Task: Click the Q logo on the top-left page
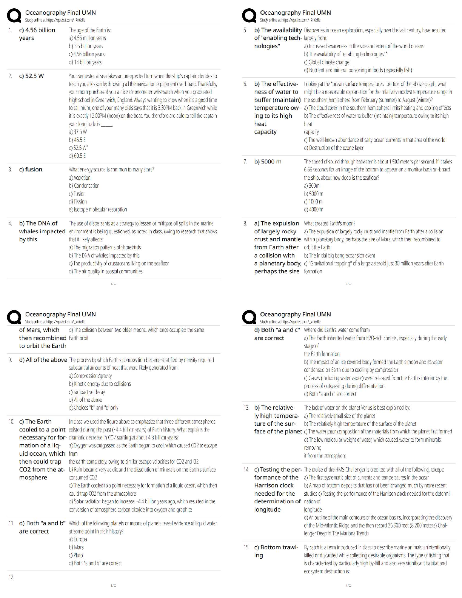pos(14,16)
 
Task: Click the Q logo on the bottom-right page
pos(249,318)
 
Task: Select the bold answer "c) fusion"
pos(31,170)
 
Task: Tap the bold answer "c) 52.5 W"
pos(32,76)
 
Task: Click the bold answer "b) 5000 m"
pos(268,162)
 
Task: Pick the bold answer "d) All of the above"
pos(43,360)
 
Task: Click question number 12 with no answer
pos(12,577)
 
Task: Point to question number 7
pos(246,162)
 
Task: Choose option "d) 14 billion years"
pos(85,62)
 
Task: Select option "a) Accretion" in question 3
pos(80,177)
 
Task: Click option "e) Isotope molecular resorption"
pos(98,210)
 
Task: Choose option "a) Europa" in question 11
pos(78,539)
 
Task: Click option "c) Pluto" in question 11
pos(76,555)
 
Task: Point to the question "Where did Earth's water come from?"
pos(337,330)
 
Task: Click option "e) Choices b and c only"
pos(94,408)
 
